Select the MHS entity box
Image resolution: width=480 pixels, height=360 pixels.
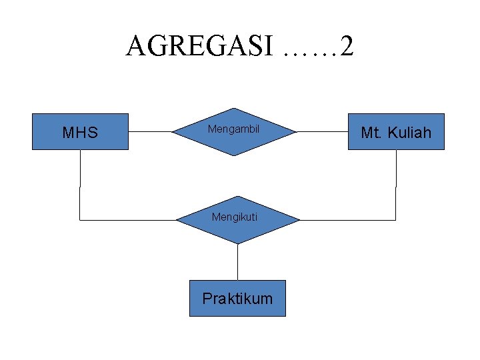pos(80,131)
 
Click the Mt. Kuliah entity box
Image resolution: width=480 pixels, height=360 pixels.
pos(396,131)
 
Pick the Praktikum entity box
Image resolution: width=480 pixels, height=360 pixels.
pos(237,298)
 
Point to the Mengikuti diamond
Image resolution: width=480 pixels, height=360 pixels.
pos(237,219)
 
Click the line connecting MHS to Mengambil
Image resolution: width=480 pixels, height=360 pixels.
pos(151,131)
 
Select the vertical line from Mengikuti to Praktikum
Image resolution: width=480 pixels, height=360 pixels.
pos(237,261)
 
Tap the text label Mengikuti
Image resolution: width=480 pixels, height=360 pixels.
pos(235,217)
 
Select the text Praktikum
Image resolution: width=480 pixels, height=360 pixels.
pos(237,298)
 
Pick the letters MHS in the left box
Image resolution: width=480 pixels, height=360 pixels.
pos(80,133)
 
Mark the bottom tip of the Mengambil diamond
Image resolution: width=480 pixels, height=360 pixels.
pos(234,155)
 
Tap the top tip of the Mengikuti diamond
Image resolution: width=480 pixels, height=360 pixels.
pos(237,197)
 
